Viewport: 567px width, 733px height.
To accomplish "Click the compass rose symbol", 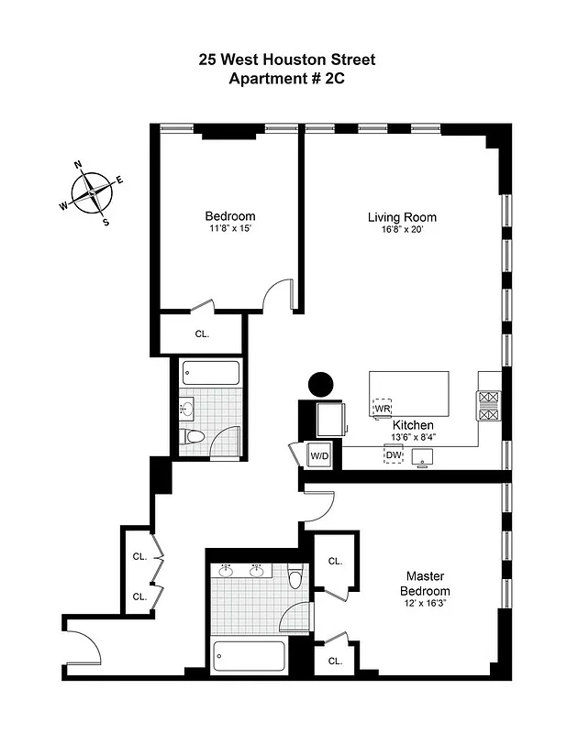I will pyautogui.click(x=92, y=192).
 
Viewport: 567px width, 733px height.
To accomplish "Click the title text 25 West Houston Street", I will pyautogui.click(x=287, y=60).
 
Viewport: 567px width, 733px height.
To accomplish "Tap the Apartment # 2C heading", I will pyautogui.click(x=287, y=79).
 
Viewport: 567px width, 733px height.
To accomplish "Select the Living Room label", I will pyautogui.click(x=402, y=217).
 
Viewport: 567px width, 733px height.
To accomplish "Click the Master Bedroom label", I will pyautogui.click(x=425, y=584).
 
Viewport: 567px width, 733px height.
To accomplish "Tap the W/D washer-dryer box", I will pyautogui.click(x=318, y=455).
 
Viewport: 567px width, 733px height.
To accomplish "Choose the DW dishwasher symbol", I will pyautogui.click(x=394, y=455).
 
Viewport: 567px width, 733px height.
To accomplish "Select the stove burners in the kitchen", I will pyautogui.click(x=487, y=406).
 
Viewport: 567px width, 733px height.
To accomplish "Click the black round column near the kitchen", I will pyautogui.click(x=321, y=386).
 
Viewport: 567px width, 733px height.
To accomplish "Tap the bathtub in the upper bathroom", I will pyautogui.click(x=211, y=374).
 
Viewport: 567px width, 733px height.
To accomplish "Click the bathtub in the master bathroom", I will pyautogui.click(x=249, y=657).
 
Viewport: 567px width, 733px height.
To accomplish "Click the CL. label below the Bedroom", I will pyautogui.click(x=202, y=334).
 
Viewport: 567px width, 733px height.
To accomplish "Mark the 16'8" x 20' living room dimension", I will pyautogui.click(x=402, y=229).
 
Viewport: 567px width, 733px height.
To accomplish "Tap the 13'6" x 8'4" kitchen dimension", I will pyautogui.click(x=413, y=437).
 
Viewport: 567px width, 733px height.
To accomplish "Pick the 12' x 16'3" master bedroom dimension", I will pyautogui.click(x=425, y=604).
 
